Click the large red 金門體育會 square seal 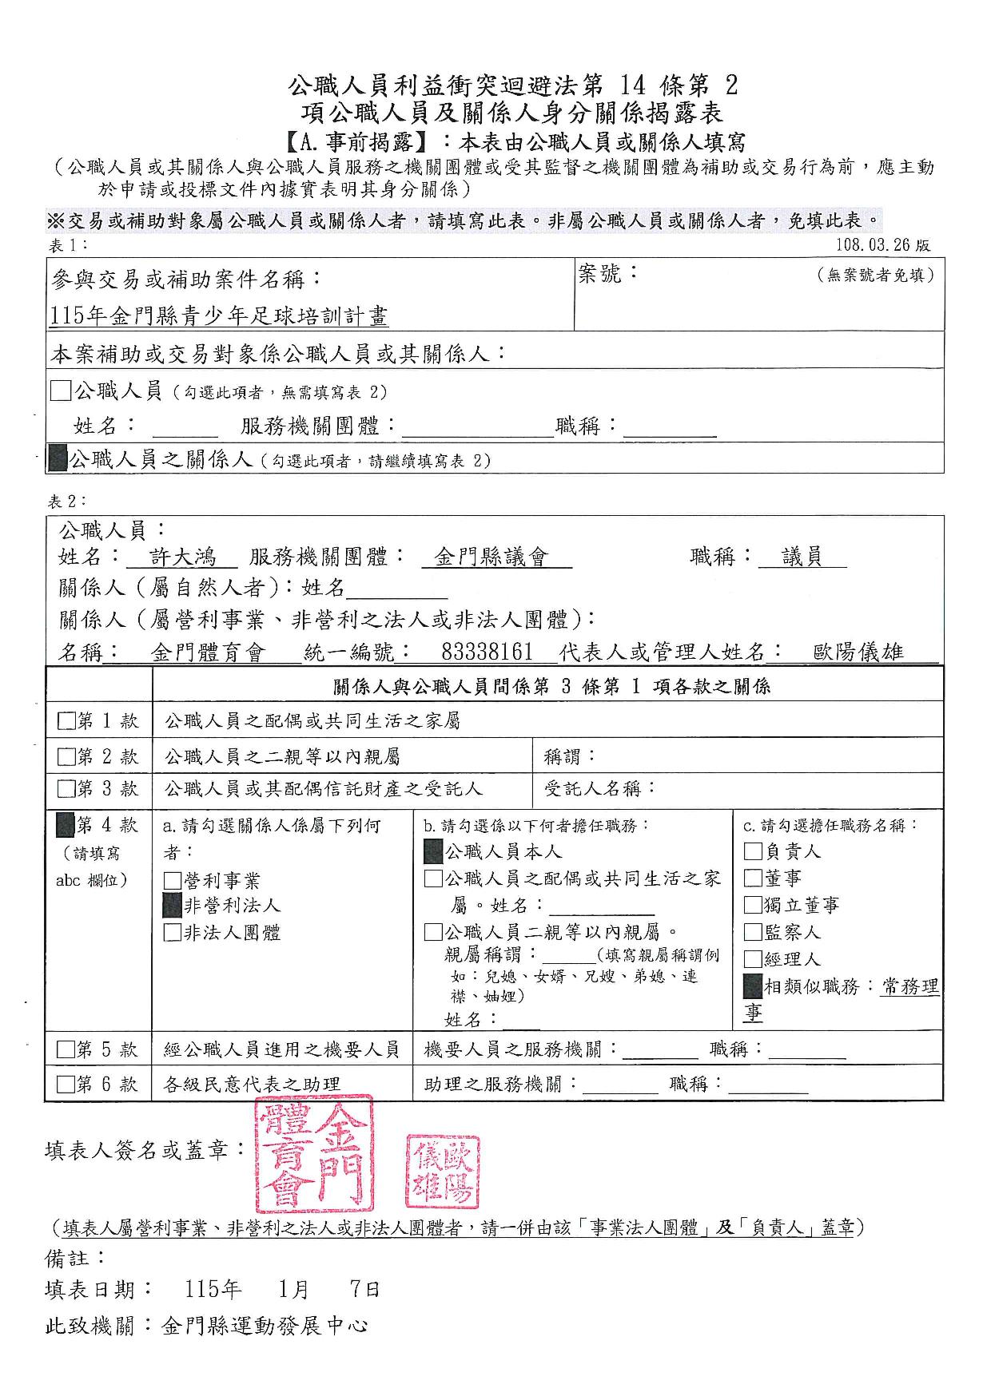(x=312, y=1153)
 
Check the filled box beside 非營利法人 (x=172, y=905)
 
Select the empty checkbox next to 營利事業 (x=172, y=880)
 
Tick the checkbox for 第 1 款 (x=66, y=721)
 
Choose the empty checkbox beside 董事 (x=752, y=878)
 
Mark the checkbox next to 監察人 (x=752, y=932)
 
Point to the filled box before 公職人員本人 (x=432, y=851)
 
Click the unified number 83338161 (x=487, y=652)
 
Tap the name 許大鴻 (x=182, y=557)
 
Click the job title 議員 (x=802, y=557)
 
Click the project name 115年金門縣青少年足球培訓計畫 (x=218, y=316)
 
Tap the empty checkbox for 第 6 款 (x=66, y=1084)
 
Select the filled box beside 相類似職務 (x=752, y=986)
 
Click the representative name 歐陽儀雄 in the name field (x=858, y=652)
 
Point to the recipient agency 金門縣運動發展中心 (x=264, y=1326)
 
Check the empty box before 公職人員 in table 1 (x=60, y=391)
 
